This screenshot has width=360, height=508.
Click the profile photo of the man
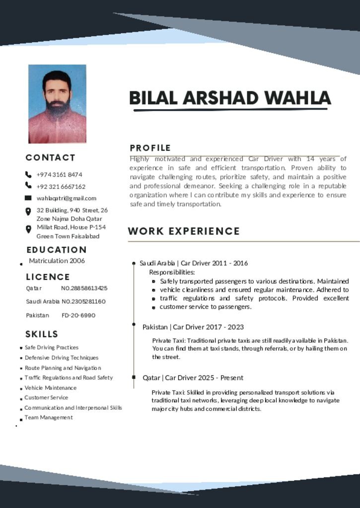tap(57, 104)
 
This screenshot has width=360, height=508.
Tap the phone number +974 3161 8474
tap(60, 175)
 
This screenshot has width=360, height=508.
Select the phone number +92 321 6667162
tap(61, 187)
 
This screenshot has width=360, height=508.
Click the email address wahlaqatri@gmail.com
tap(67, 198)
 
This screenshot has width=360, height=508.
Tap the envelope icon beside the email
tap(28, 198)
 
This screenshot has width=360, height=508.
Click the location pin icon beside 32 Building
tap(28, 211)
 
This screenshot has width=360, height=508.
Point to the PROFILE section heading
tap(150, 148)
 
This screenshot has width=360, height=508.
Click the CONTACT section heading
tap(51, 158)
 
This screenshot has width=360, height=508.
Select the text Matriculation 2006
tap(57, 261)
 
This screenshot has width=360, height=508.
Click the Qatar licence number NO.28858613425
tap(84, 288)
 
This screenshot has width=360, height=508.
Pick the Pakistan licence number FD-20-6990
tap(78, 316)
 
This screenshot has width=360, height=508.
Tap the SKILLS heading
tap(42, 334)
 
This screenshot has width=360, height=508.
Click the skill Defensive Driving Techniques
tap(62, 358)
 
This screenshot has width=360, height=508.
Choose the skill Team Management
tap(49, 418)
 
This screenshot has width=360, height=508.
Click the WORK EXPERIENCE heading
tap(184, 231)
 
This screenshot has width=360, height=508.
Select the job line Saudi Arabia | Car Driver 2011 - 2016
tap(194, 263)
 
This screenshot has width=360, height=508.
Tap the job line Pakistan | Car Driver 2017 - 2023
tap(193, 327)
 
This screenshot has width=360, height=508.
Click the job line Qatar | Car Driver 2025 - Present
tap(193, 378)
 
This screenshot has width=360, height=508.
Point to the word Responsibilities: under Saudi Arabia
tap(172, 272)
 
